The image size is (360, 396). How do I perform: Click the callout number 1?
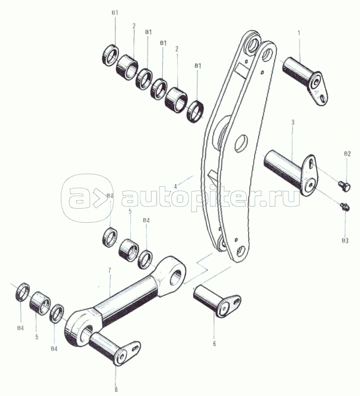tap(299, 33)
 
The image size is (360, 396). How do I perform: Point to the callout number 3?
tap(293, 123)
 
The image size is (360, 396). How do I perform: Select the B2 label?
tap(347, 154)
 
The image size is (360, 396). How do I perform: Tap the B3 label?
tap(345, 241)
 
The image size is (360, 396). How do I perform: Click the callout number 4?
tap(175, 187)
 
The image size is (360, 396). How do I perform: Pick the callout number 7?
tap(109, 270)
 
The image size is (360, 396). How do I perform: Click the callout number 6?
tap(214, 344)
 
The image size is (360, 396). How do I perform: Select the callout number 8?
tap(116, 390)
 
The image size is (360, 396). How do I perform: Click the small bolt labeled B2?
tap(344, 187)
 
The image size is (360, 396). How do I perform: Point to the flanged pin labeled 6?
tap(217, 302)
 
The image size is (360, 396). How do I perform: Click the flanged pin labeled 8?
tap(115, 348)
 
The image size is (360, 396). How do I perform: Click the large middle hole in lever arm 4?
tap(241, 143)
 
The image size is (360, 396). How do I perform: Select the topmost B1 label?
tap(115, 13)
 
